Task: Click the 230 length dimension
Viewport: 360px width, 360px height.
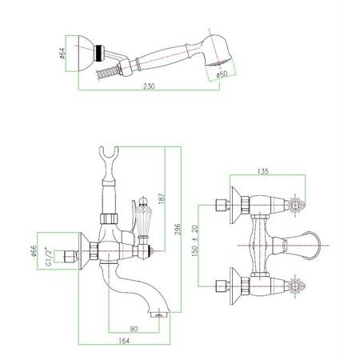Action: pos(149,86)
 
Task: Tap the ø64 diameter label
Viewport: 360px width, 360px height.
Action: pos(62,54)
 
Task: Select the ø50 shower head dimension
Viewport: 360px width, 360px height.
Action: pos(222,74)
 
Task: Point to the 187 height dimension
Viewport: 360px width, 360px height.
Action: pos(162,198)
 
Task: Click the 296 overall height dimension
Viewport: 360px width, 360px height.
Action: pos(178,230)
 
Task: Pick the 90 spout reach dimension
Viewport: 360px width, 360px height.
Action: pos(134,329)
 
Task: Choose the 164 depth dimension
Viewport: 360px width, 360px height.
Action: pos(124,341)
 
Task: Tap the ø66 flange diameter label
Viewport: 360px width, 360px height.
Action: pos(34,251)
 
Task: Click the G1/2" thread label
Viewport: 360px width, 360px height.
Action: pos(49,257)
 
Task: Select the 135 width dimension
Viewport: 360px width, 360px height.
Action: pos(263,171)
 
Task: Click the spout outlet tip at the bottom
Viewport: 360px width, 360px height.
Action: pos(159,315)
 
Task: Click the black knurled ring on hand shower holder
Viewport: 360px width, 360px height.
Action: pos(99,53)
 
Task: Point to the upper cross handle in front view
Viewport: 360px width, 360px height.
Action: pos(295,205)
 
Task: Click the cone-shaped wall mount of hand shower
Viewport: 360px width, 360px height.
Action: pos(86,54)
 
